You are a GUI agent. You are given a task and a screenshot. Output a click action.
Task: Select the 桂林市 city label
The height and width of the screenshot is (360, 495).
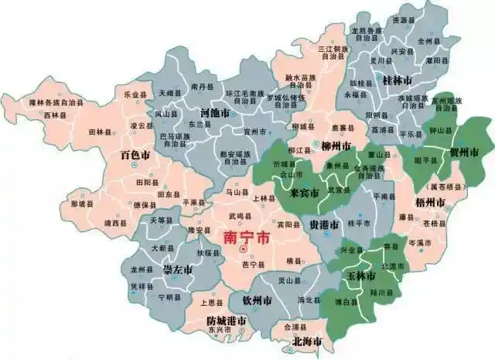[398, 80]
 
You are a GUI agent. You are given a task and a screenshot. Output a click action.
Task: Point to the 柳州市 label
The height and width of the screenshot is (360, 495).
[336, 146]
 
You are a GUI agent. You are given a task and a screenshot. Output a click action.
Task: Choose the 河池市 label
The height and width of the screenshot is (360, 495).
[213, 112]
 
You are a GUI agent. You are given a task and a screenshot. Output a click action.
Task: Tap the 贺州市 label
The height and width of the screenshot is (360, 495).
[464, 151]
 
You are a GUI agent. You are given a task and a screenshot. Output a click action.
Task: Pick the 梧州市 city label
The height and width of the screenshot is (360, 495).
[430, 202]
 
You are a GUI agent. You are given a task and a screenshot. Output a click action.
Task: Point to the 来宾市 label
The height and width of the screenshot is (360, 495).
[304, 192]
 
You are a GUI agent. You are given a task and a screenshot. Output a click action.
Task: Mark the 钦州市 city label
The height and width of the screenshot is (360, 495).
[255, 300]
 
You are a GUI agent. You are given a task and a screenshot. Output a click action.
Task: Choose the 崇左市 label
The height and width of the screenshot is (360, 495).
[178, 270]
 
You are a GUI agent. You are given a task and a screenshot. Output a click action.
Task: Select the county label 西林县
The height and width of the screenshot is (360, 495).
[55, 115]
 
